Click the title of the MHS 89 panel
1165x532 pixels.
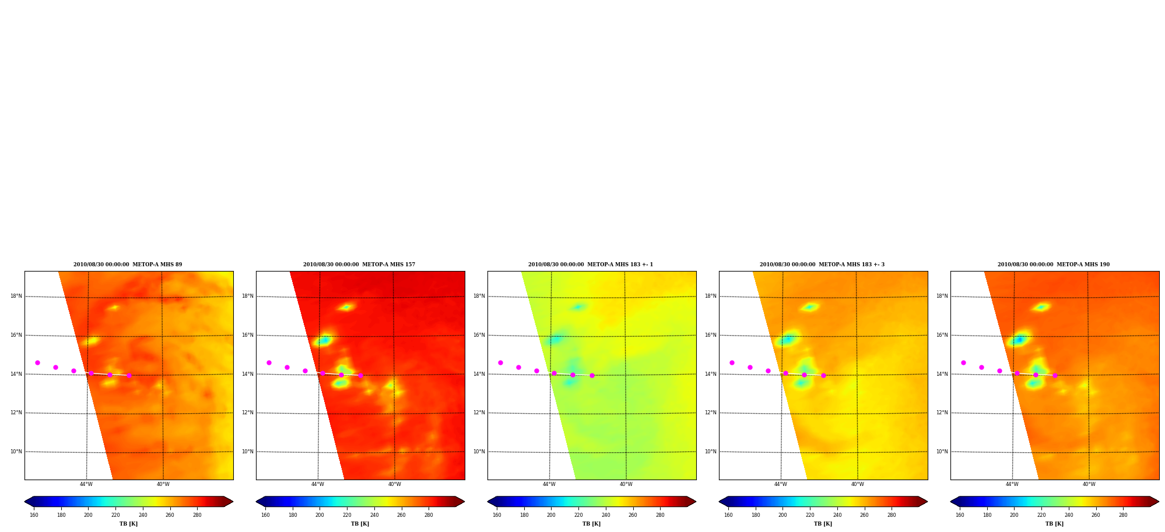(128, 265)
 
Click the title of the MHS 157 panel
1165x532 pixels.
(359, 265)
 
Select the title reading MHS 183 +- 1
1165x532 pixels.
(591, 265)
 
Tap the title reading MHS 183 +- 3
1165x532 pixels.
(822, 265)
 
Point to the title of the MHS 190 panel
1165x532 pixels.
(1054, 265)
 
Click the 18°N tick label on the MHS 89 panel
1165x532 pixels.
(16, 296)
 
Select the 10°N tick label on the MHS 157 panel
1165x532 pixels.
(247, 452)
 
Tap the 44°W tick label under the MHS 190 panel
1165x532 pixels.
(1012, 484)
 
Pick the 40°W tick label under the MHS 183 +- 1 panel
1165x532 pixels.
(626, 484)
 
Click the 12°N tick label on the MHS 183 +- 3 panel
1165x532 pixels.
(710, 413)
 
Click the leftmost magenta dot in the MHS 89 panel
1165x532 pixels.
(37, 362)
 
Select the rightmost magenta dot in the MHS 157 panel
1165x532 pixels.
(360, 375)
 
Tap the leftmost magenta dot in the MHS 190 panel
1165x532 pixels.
(963, 362)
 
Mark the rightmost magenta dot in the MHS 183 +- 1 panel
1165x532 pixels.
(592, 375)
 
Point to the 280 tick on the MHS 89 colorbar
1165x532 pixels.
(197, 515)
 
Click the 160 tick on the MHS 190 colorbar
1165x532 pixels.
(960, 515)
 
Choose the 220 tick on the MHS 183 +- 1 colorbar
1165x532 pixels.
(578, 515)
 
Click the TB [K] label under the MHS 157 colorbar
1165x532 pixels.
(360, 524)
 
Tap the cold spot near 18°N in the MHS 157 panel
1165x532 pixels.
(346, 307)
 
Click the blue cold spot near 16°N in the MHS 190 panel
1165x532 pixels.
(1019, 339)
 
